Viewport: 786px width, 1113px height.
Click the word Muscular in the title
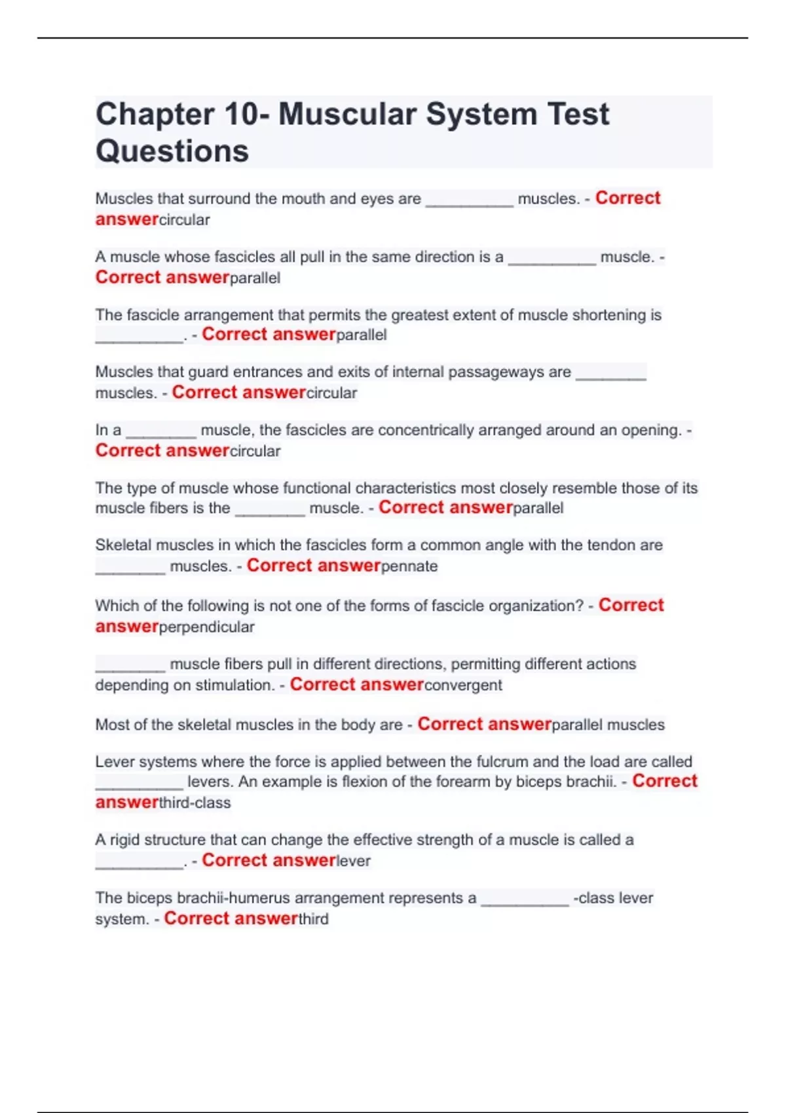coord(347,115)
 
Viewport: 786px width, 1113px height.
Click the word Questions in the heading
coord(172,151)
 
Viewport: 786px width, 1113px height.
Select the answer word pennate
coord(409,566)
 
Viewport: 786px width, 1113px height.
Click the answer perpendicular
coord(206,627)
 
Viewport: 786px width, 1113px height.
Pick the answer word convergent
coord(463,685)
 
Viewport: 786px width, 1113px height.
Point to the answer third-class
coord(195,803)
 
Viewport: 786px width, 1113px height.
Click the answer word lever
coord(354,861)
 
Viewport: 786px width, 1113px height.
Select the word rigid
coord(124,840)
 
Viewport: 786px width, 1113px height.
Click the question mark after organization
coord(580,606)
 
